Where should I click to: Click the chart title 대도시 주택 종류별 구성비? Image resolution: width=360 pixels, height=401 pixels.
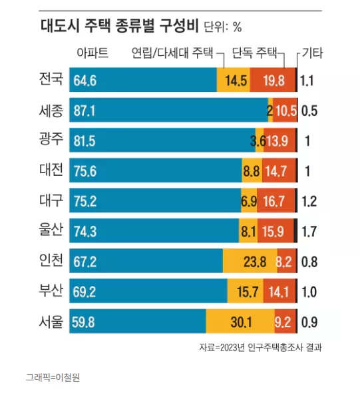[x=119, y=26]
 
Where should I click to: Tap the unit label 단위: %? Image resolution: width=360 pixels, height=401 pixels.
[x=222, y=27]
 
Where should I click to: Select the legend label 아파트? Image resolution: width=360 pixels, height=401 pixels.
[x=92, y=53]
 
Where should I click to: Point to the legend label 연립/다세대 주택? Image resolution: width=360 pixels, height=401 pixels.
[x=172, y=53]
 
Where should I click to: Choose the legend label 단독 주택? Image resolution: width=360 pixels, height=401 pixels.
[x=254, y=53]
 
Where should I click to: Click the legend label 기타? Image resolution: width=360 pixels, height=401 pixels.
[x=312, y=53]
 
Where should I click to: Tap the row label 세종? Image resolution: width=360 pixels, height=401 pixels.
[x=51, y=111]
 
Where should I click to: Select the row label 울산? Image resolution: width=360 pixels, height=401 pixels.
[x=51, y=229]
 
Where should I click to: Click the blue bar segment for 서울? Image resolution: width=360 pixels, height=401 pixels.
[x=138, y=321]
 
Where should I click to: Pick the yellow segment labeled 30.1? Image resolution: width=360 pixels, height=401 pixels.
[x=240, y=321]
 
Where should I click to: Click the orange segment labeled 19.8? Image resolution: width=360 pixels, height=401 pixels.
[x=272, y=80]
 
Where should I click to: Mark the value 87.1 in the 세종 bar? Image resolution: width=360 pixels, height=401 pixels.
[x=85, y=111]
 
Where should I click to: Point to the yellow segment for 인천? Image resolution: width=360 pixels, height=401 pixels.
[x=250, y=261]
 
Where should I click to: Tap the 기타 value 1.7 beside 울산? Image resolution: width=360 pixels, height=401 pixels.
[x=309, y=231]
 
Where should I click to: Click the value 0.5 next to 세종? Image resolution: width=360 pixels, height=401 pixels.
[x=309, y=111]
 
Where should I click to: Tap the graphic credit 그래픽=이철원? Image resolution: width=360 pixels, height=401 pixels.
[x=53, y=377]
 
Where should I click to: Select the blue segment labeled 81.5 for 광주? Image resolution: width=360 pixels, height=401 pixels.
[x=162, y=140]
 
